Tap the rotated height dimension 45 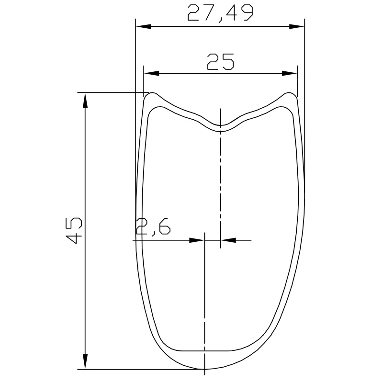coord(75,230)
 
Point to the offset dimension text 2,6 coord(153,226)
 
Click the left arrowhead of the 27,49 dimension coord(143,27)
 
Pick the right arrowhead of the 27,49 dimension coord(297,27)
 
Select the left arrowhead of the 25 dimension coord(151,74)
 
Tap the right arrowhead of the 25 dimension coord(289,74)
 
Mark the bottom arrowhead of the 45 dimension coord(85,361)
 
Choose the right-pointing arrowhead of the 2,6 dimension coord(197,240)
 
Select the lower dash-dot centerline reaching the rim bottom coord(204,306)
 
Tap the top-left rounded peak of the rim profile coord(152,93)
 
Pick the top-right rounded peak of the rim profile coord(289,93)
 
